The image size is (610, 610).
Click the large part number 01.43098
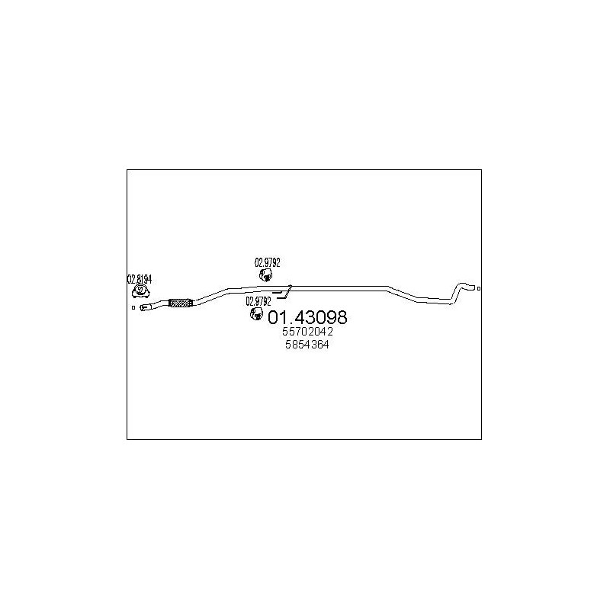pos(307,317)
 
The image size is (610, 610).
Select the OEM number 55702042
pos(307,332)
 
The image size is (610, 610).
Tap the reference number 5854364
pos(307,345)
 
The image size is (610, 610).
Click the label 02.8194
pos(140,279)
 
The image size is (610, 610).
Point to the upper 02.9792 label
pos(268,262)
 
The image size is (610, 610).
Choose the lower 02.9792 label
pos(258,301)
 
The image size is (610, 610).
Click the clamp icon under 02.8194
pos(141,291)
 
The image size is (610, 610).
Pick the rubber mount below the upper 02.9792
pos(265,275)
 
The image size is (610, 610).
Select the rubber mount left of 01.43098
pos(256,313)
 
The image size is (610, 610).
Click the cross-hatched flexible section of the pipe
pos(181,303)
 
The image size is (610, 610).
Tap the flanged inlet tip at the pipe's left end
pos(144,307)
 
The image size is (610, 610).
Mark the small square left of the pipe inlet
pos(133,308)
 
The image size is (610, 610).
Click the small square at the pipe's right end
pos(479,288)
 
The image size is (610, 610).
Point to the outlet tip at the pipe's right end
pos(471,288)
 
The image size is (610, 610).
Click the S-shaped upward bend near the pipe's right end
pos(457,294)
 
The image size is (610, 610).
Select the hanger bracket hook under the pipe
pos(282,293)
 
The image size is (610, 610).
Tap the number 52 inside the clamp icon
pos(141,290)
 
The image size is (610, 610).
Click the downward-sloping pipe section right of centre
pos(403,293)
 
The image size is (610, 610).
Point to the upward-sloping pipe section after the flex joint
pos(211,297)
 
